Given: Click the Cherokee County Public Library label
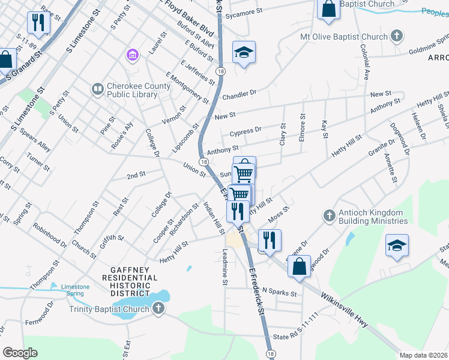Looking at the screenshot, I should pyautogui.click(x=139, y=89).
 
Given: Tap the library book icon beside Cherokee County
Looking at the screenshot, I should pyautogui.click(x=97, y=89).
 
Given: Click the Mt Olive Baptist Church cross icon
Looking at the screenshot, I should pyautogui.click(x=396, y=37).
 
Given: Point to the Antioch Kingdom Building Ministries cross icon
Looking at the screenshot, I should pyautogui.click(x=328, y=215).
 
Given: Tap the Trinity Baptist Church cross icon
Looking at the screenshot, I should pyautogui.click(x=158, y=309).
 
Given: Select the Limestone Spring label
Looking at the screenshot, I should pyautogui.click(x=75, y=290).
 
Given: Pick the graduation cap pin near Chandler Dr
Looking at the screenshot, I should pyautogui.click(x=244, y=53).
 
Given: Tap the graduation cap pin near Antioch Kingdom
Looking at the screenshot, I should pyautogui.click(x=397, y=246).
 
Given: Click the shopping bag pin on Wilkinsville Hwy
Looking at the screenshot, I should pyautogui.click(x=299, y=265).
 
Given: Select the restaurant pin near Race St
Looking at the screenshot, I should pyautogui.click(x=38, y=23).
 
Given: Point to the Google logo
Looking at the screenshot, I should pyautogui.click(x=20, y=353).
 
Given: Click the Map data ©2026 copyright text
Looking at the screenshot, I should pyautogui.click(x=423, y=355).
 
